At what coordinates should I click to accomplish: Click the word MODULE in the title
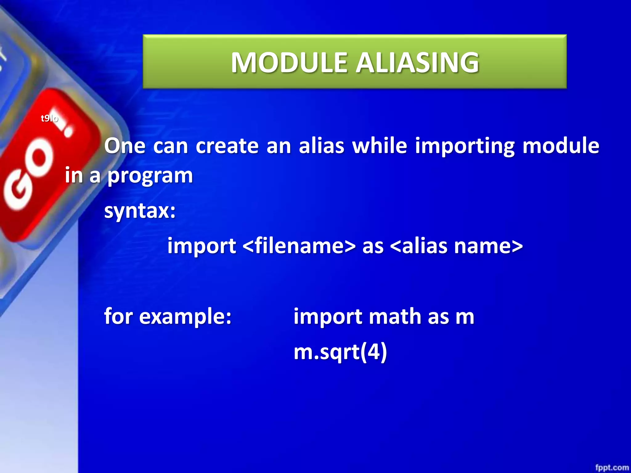[290, 63]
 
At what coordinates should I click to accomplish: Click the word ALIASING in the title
[417, 63]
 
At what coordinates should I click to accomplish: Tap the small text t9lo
[49, 118]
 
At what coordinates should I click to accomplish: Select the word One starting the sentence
[125, 146]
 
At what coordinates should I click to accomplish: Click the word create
[227, 146]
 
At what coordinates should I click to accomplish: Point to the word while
[380, 146]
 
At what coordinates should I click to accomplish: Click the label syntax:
[140, 212]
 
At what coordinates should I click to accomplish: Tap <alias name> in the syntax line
[456, 246]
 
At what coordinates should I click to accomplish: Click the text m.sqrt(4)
[340, 352]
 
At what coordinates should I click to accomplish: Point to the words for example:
[168, 316]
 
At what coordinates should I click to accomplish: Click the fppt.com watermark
[612, 467]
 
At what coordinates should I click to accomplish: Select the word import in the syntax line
[202, 247]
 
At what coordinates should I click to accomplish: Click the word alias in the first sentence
[321, 146]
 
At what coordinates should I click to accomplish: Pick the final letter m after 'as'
[465, 317]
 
